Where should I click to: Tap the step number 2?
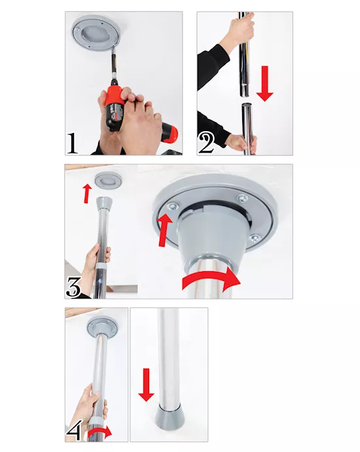tap(206, 142)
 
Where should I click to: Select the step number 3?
tap(73, 286)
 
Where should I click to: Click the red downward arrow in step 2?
tap(264, 84)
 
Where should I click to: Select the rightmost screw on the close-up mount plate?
tap(255, 237)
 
